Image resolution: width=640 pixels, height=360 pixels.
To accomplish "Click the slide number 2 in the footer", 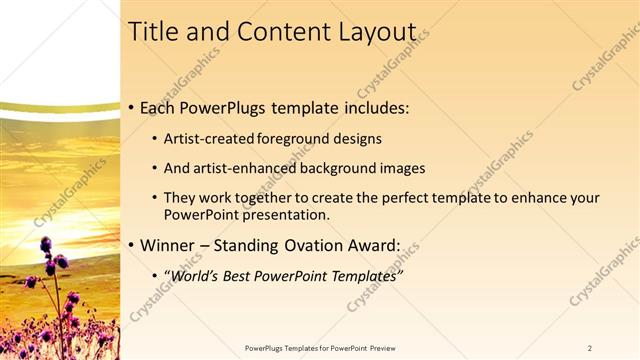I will point(590,348).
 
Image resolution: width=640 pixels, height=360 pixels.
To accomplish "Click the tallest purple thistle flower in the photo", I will point(46,245).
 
